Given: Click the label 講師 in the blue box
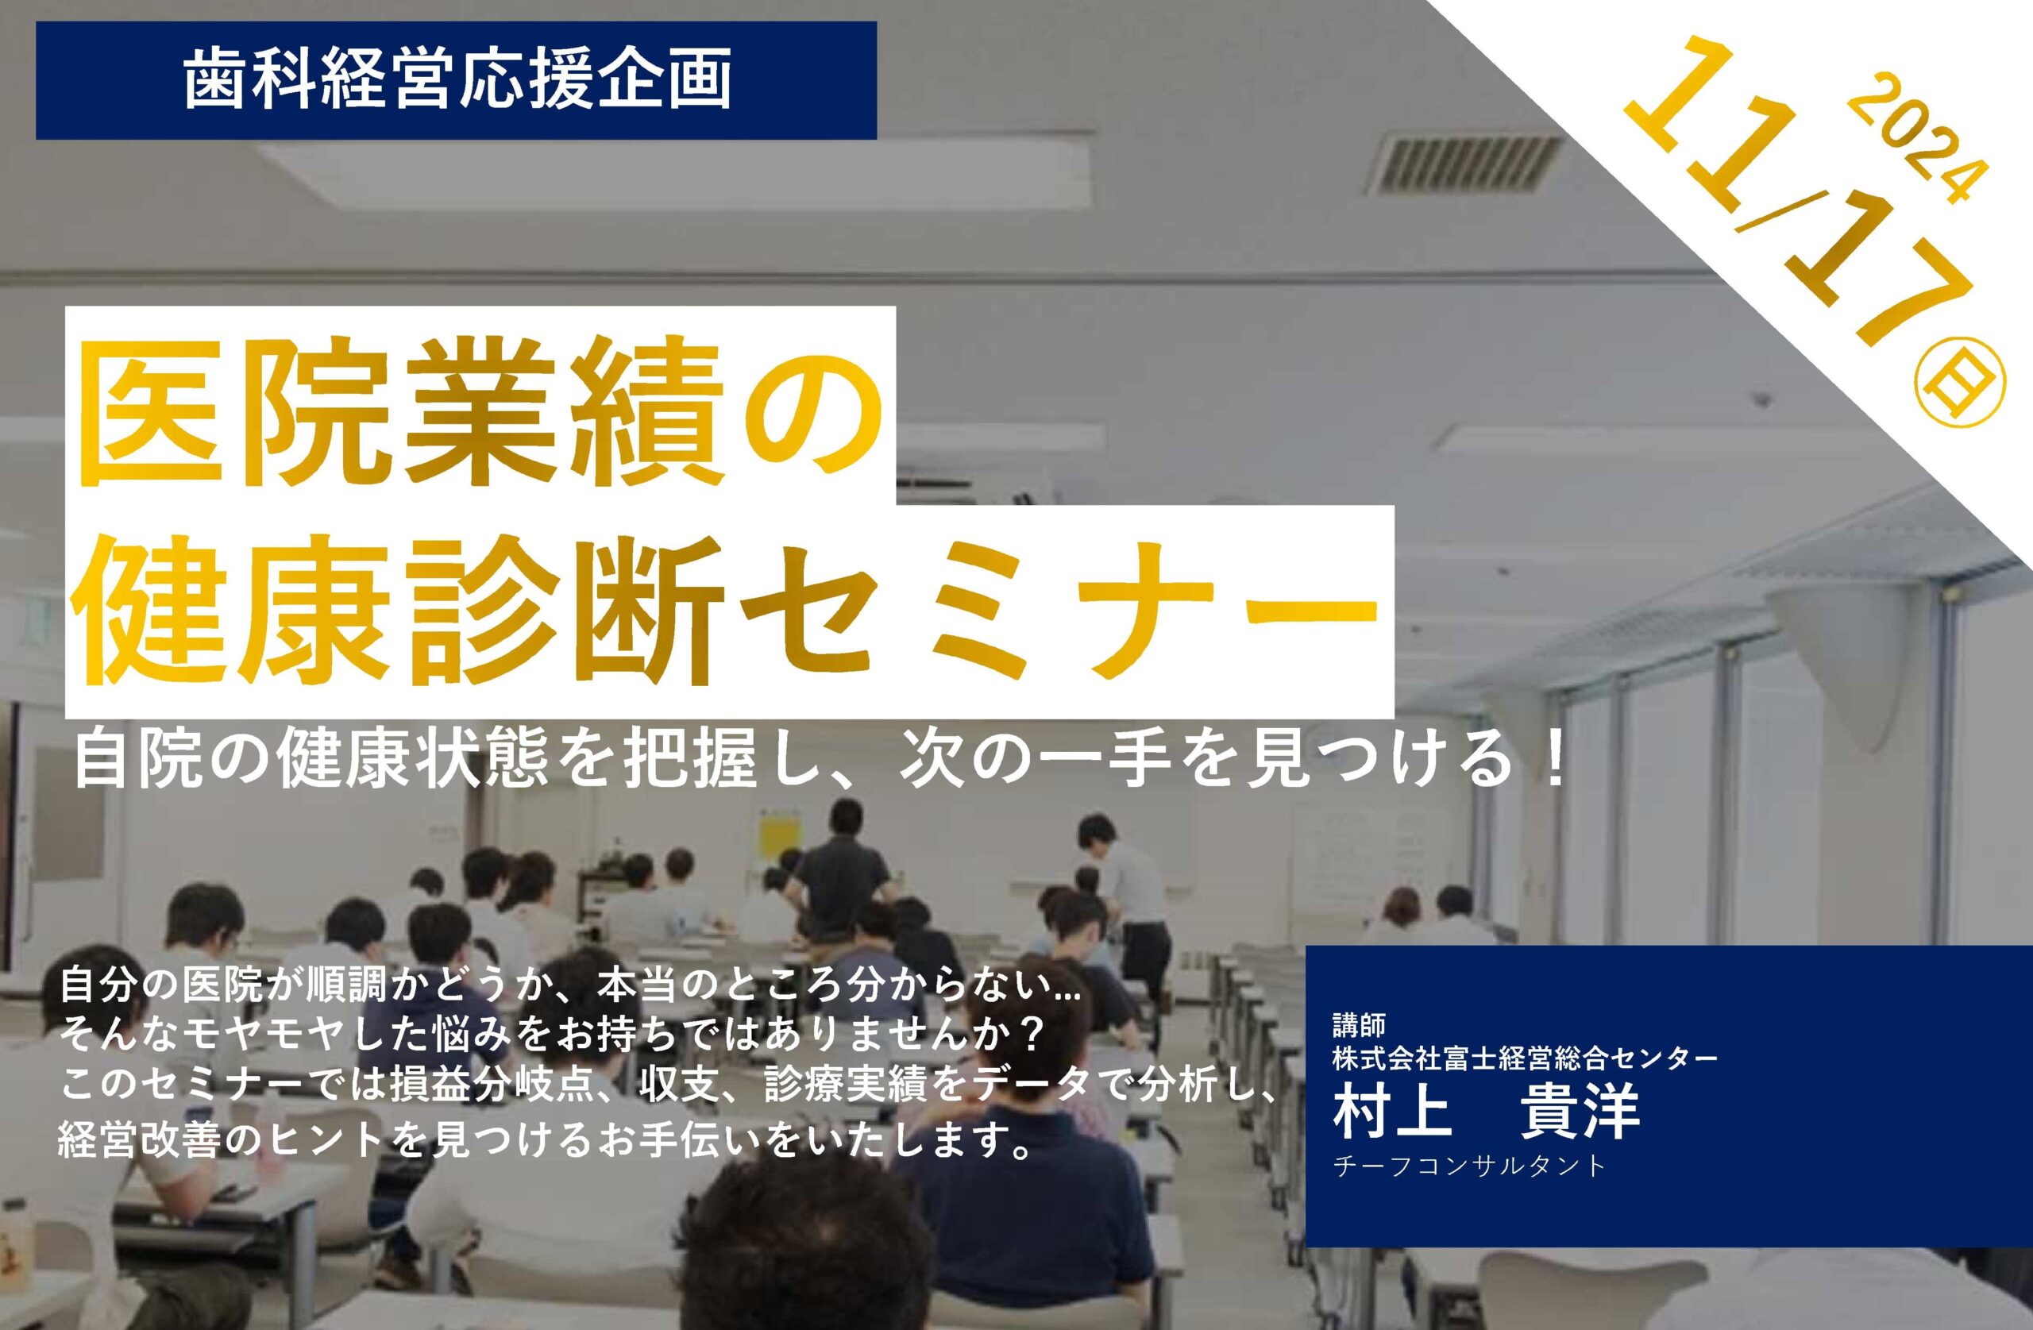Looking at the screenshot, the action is click(1358, 1024).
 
